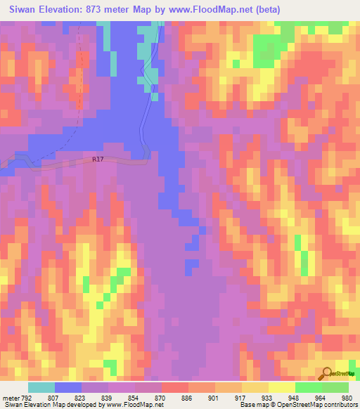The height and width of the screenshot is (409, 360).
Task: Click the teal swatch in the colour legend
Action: pyautogui.click(x=41, y=387)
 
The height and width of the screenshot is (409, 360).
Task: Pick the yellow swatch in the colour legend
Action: pyautogui.click(x=282, y=387)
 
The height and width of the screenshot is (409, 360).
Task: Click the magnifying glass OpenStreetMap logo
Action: pyautogui.click(x=326, y=374)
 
